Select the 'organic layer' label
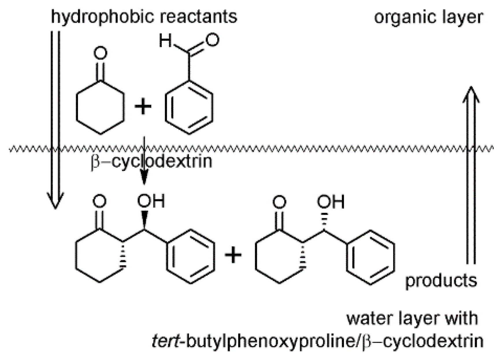[428, 17]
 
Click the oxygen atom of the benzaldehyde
[213, 40]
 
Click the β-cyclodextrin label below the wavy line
[152, 161]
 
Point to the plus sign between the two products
[233, 255]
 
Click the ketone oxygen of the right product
[279, 202]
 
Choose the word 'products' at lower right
[441, 280]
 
